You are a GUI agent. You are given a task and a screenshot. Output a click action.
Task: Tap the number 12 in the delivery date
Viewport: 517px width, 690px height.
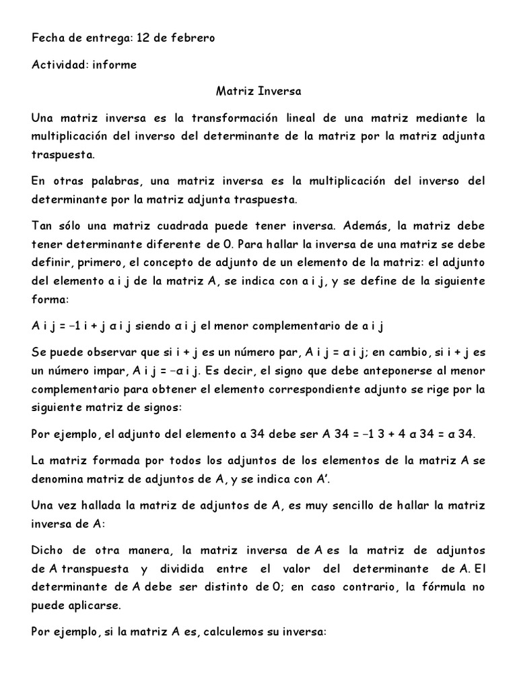point(143,38)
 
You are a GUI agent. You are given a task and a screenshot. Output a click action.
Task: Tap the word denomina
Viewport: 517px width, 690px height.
point(57,479)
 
